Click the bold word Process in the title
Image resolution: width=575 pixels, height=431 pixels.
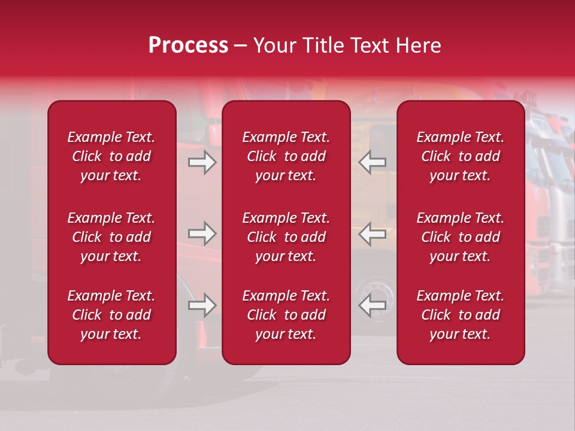[188, 45]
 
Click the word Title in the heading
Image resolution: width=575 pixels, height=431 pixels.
[323, 45]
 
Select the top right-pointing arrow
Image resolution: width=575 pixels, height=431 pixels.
[202, 162]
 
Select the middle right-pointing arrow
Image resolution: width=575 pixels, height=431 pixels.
[202, 233]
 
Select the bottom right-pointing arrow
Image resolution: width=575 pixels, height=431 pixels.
[202, 305]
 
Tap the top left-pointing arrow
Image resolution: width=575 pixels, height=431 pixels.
[372, 162]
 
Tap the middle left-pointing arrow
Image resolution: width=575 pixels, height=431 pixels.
[372, 233]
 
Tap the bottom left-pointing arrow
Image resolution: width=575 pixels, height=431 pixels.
[372, 305]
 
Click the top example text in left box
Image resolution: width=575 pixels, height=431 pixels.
[111, 156]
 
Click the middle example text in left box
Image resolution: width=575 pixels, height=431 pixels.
[111, 237]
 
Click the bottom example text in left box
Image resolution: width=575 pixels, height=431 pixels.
[111, 315]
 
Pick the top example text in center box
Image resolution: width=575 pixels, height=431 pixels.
[286, 156]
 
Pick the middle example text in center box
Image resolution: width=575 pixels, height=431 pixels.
[286, 237]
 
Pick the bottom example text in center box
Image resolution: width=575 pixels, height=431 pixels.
[286, 315]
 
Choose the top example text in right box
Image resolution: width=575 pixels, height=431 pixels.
[461, 156]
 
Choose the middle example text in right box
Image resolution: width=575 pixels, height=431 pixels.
[461, 237]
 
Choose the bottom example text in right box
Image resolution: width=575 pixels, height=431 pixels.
[461, 315]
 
